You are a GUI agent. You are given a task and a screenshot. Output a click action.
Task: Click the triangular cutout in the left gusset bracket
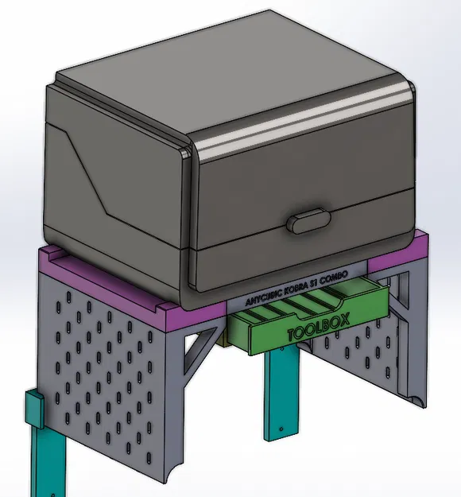[196, 350]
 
